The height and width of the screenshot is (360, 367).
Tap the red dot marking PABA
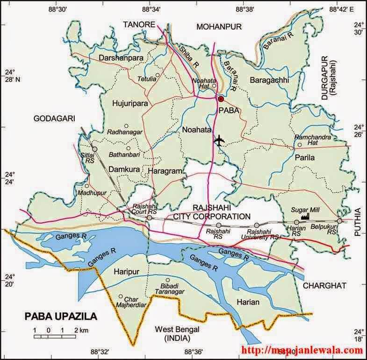pyautogui.click(x=221, y=99)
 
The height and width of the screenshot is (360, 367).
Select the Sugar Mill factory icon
pyautogui.click(x=307, y=216)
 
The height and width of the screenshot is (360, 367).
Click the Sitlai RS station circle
pyautogui.click(x=94, y=149)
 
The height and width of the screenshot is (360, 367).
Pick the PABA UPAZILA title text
pyautogui.click(x=61, y=317)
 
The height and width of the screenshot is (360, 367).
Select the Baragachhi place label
pyautogui.click(x=269, y=80)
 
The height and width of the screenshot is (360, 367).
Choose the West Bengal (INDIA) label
pyautogui.click(x=177, y=333)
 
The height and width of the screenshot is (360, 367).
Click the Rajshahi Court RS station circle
pyautogui.click(x=149, y=218)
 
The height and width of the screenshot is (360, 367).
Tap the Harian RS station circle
pyautogui.click(x=296, y=222)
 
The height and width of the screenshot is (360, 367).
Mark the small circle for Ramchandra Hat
pyautogui.click(x=300, y=145)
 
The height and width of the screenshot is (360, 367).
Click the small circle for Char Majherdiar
pyautogui.click(x=121, y=296)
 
